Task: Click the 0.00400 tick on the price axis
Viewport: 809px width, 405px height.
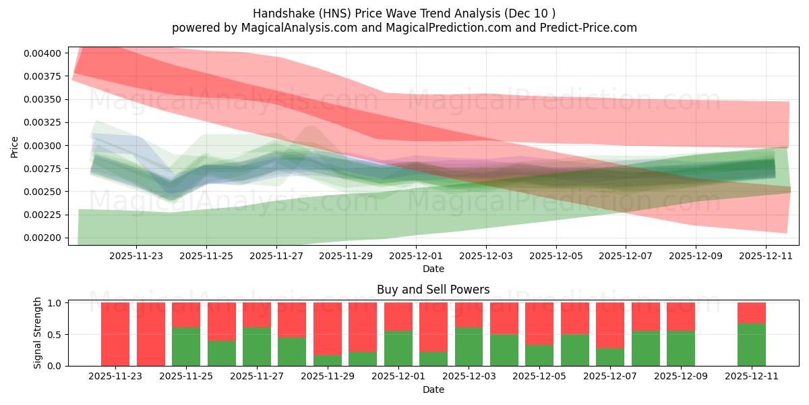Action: click(44, 53)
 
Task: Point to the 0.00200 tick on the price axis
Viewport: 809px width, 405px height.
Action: click(44, 238)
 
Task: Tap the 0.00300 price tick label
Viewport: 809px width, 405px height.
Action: click(44, 146)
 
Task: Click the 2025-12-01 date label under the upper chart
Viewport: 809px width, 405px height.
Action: click(416, 256)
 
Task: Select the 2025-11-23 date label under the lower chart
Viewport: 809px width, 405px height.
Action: click(115, 377)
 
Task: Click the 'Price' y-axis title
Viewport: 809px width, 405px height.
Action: click(15, 146)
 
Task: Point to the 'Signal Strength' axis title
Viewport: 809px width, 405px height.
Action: click(38, 333)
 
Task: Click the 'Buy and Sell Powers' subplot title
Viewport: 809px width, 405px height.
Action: click(433, 290)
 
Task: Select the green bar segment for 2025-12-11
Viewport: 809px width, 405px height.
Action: click(751, 344)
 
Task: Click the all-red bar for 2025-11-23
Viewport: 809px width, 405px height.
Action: click(115, 334)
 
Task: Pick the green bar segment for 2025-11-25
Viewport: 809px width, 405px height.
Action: click(186, 346)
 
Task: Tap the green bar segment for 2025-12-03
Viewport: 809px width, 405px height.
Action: click(469, 346)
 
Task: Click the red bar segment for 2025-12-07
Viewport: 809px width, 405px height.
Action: click(609, 325)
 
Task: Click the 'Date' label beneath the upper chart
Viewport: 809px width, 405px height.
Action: click(433, 269)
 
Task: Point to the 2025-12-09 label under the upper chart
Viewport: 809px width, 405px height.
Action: click(696, 256)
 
